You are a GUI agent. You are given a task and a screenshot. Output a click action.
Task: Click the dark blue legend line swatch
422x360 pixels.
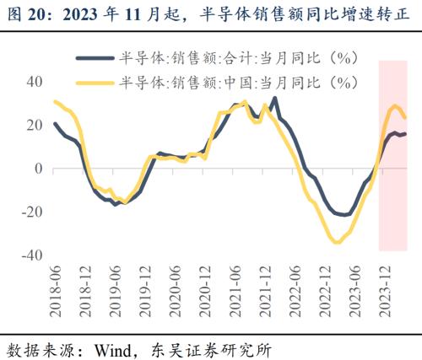pos(95,58)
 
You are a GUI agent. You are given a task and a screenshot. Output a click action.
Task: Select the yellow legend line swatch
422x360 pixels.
pos(95,82)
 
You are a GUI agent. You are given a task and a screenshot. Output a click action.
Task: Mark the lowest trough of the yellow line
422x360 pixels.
pos(337,243)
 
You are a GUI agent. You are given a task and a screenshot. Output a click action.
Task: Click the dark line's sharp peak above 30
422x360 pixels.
pos(275,99)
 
